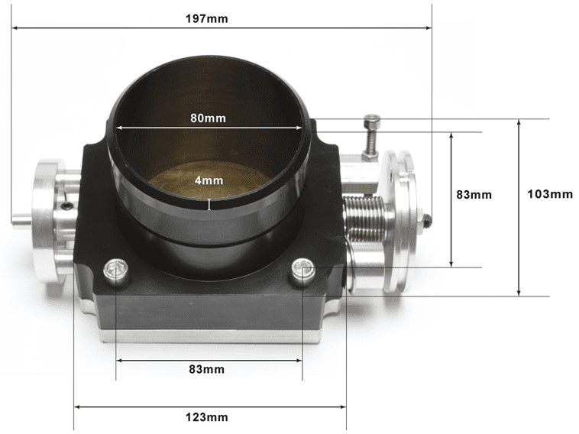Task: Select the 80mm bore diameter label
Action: click(x=208, y=118)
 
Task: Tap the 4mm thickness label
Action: click(x=208, y=181)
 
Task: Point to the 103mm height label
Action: click(x=550, y=194)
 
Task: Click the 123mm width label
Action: click(x=207, y=417)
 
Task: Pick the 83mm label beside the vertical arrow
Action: click(x=474, y=194)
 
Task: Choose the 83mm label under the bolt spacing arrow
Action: click(x=207, y=369)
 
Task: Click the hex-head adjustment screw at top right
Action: click(x=372, y=122)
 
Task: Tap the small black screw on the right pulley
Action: click(x=428, y=220)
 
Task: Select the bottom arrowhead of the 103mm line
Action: click(x=519, y=293)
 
